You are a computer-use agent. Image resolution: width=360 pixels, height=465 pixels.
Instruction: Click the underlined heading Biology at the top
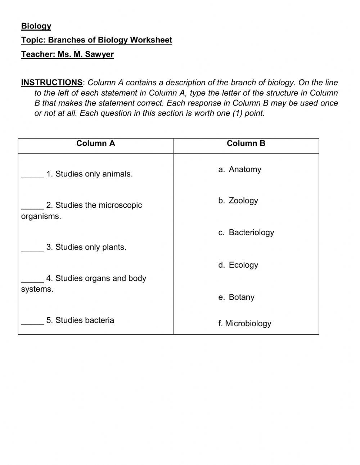tap(36, 26)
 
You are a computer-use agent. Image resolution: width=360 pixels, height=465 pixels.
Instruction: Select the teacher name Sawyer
tap(99, 54)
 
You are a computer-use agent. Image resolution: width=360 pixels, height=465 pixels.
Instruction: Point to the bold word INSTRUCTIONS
tap(52, 82)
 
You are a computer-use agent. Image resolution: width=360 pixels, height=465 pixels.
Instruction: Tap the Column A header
tap(95, 143)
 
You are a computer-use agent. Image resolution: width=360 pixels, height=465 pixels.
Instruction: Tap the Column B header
tap(246, 143)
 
